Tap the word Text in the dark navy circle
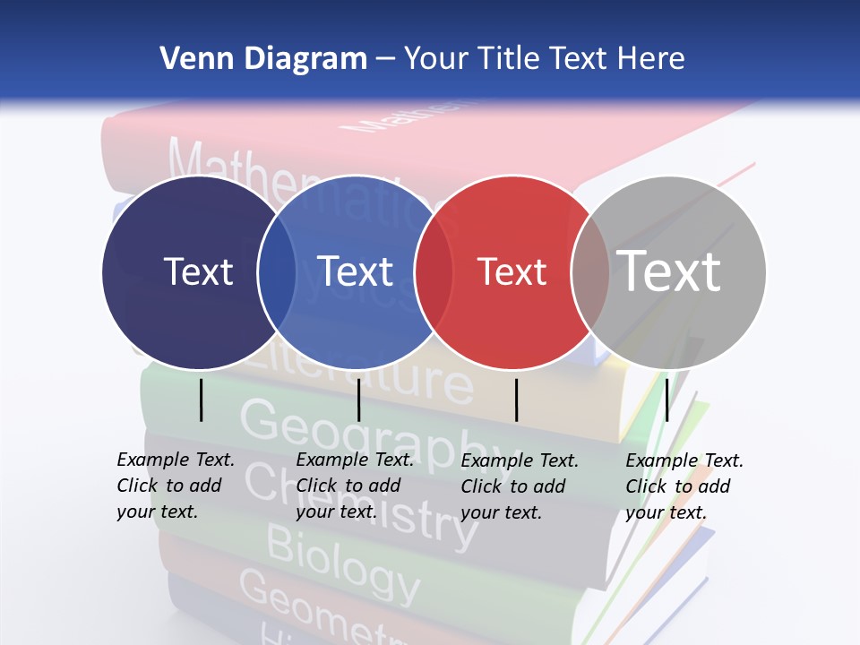click(x=198, y=271)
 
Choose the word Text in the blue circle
click(x=356, y=271)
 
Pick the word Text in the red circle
click(x=512, y=272)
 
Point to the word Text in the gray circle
click(x=668, y=271)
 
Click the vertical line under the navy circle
click(x=201, y=400)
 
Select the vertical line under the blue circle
click(x=358, y=400)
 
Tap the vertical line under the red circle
click(x=516, y=400)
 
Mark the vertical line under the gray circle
click(x=666, y=400)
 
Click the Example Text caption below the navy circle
click(x=176, y=486)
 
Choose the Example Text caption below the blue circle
click(x=355, y=486)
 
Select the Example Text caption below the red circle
click(x=520, y=486)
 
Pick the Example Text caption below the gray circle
click(x=684, y=486)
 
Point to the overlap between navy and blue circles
click(x=277, y=272)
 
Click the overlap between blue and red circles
click(x=434, y=272)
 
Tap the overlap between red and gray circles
click(x=590, y=272)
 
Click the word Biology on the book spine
click(x=343, y=564)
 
